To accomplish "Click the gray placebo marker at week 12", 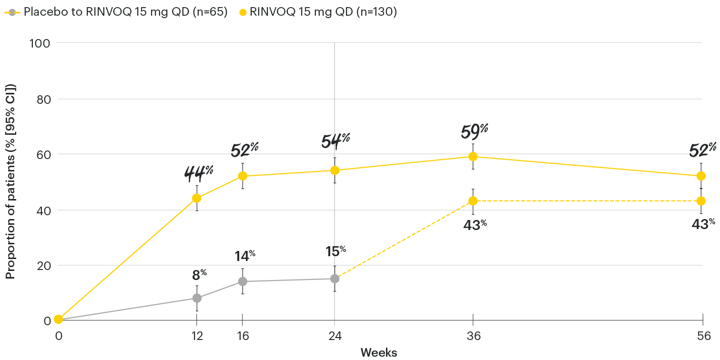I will (x=197, y=298).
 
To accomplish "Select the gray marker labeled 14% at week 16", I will (x=243, y=281).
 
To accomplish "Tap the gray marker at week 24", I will (x=335, y=279).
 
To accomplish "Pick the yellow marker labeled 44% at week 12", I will (x=197, y=198).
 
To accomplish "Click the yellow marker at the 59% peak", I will (x=473, y=157).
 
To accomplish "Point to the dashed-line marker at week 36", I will (x=473, y=201).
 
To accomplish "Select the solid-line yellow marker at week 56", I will (x=701, y=176).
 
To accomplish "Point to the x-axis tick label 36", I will (x=473, y=335).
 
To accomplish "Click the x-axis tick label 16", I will (x=243, y=335).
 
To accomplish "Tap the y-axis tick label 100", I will (x=40, y=43).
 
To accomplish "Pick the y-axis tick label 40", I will (x=43, y=210).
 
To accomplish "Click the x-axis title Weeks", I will (x=379, y=353).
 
